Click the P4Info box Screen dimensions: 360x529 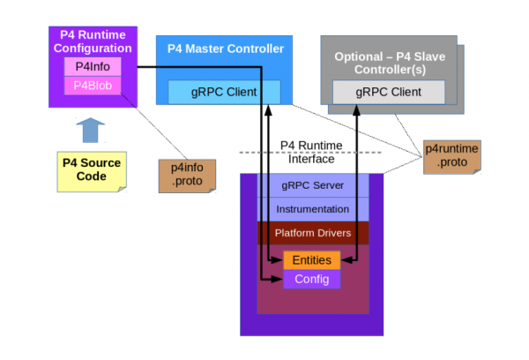pos(92,67)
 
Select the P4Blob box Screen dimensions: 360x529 pos(92,86)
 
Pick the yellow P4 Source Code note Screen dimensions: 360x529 pos(91,169)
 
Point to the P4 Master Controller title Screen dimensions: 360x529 pos(225,49)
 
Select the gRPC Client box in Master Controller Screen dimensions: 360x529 pos(224,91)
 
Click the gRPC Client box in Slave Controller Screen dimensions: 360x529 pos(388,91)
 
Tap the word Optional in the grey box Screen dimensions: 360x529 pos(360,56)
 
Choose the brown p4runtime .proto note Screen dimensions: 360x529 pos(452,156)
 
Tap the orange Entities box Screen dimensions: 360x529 pos(312,260)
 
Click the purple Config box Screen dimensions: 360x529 pos(312,280)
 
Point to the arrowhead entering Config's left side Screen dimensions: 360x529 pos(279,280)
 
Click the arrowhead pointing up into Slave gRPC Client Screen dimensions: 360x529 pos(357,109)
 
